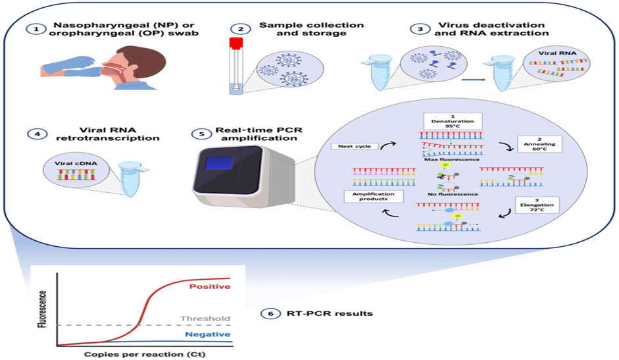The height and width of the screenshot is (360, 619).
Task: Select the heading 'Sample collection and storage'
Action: point(312,30)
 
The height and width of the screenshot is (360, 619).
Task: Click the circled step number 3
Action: point(417,30)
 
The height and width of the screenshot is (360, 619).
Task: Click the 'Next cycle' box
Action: point(355,146)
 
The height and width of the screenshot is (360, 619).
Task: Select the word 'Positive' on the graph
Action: point(209,287)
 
